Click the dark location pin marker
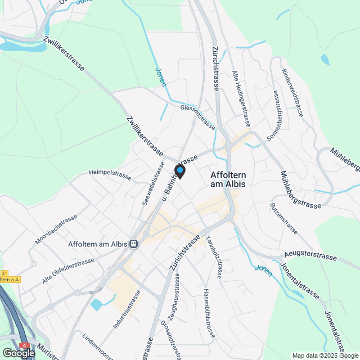click(179, 171)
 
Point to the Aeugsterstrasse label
click(310, 256)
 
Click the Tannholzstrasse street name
click(215, 256)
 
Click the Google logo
click(18, 353)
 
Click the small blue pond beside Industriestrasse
click(97, 305)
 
